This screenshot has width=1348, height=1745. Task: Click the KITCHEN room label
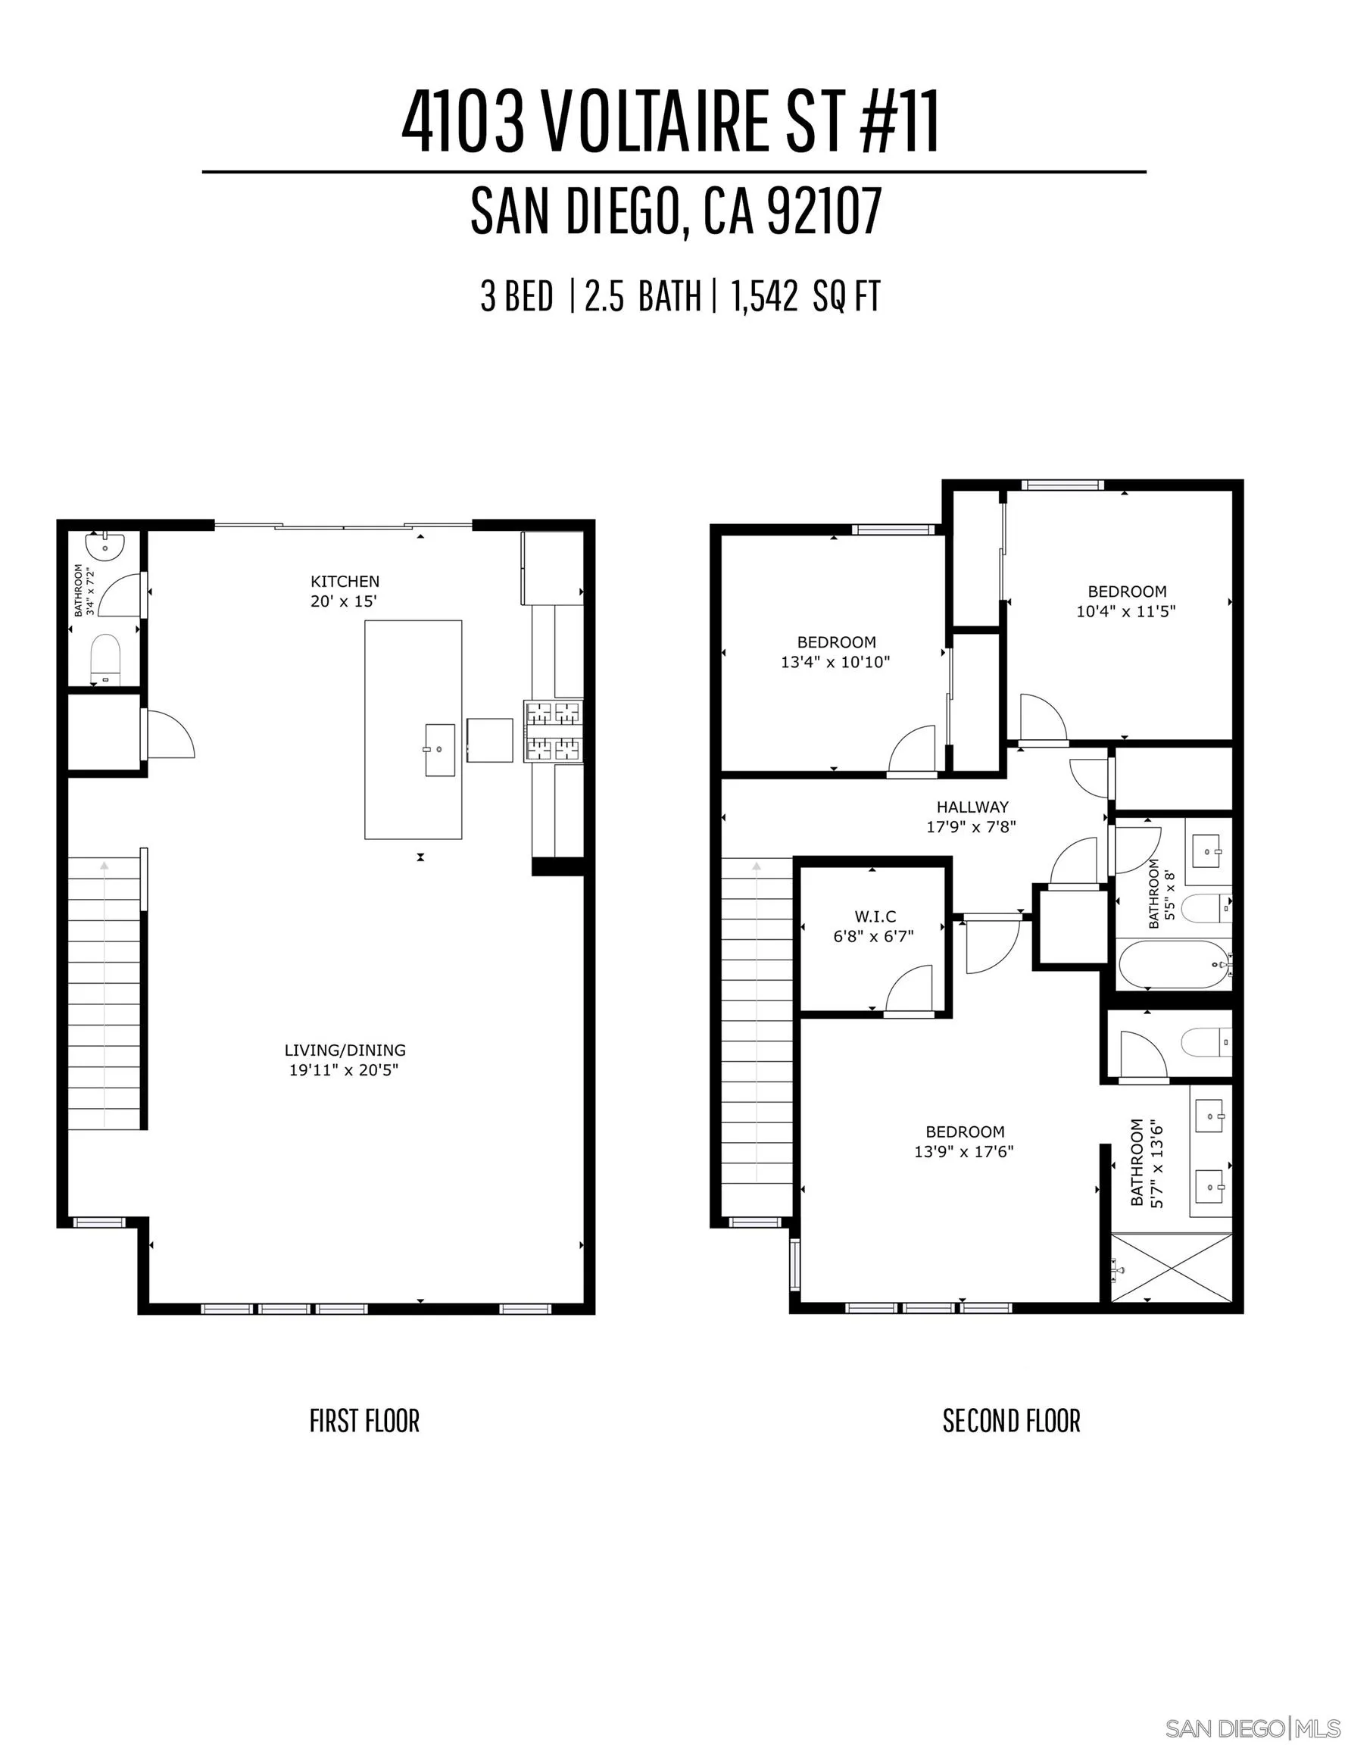345,581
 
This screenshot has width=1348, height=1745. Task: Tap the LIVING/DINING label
345,1050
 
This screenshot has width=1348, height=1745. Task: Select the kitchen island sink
439,750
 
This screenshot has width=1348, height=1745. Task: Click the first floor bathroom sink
105,546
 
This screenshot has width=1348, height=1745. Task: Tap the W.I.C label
875,916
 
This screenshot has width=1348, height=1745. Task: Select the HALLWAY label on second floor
972,807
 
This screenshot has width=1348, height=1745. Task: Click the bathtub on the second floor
1171,964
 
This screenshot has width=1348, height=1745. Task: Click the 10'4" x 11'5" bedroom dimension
1126,612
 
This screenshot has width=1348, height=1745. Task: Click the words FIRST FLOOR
364,1422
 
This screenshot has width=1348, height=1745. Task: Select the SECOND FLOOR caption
1011,1422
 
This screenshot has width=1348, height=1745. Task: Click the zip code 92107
824,211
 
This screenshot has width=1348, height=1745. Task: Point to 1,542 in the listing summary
764,297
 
